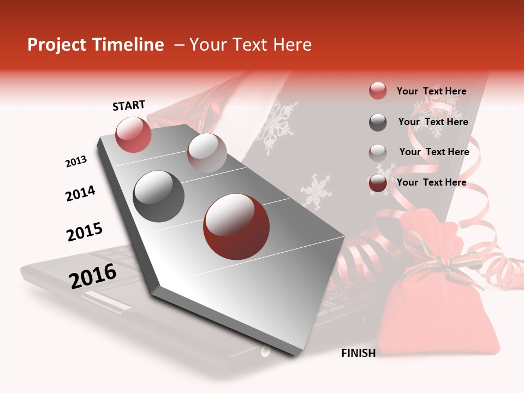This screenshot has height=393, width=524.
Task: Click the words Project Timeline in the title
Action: pyautogui.click(x=96, y=45)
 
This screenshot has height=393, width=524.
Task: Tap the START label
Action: pyautogui.click(x=129, y=105)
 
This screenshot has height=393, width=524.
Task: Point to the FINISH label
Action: pyautogui.click(x=358, y=353)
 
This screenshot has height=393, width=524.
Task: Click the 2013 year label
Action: pyautogui.click(x=76, y=162)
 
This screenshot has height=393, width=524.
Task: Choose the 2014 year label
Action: pyautogui.click(x=80, y=193)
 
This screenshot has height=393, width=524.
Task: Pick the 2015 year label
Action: pyautogui.click(x=85, y=232)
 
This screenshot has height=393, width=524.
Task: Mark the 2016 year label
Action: pyautogui.click(x=93, y=276)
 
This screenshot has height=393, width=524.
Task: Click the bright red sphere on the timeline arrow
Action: pyautogui.click(x=133, y=134)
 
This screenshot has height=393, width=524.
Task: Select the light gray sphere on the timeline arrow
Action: pyautogui.click(x=207, y=152)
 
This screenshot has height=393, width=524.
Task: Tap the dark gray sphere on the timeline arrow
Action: pyautogui.click(x=159, y=196)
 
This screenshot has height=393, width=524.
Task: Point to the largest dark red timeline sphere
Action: pyautogui.click(x=236, y=227)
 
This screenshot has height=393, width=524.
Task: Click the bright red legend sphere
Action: pyautogui.click(x=378, y=91)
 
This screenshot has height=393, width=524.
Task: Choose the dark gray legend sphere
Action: pyautogui.click(x=378, y=122)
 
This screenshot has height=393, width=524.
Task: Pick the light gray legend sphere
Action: pyautogui.click(x=378, y=153)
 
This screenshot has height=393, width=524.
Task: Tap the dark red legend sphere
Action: pyautogui.click(x=378, y=183)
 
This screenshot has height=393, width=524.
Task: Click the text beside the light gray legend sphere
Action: pyautogui.click(x=434, y=152)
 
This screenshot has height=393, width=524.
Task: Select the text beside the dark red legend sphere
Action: pyautogui.click(x=431, y=182)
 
